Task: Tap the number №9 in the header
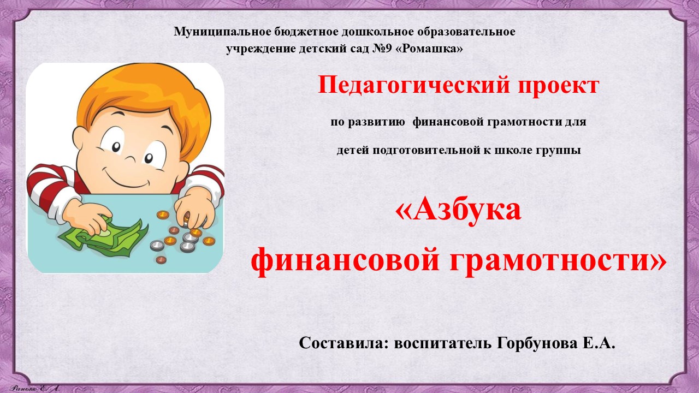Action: tap(382, 49)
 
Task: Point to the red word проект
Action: tap(558, 86)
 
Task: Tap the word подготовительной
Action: tap(426, 150)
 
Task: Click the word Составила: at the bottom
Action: tap(343, 343)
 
